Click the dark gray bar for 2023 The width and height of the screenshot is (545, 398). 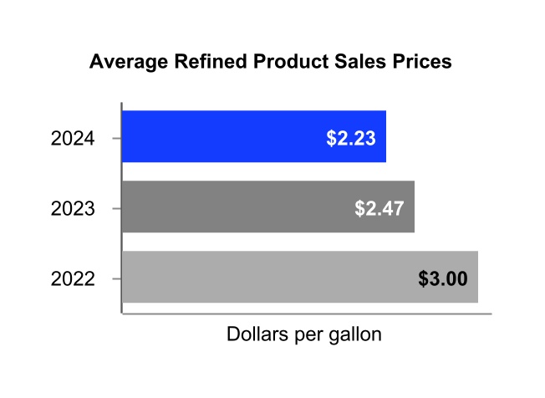point(234,207)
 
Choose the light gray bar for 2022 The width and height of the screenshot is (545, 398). point(267,277)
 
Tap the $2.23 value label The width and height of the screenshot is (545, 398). point(351,137)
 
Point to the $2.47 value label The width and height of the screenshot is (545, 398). point(379,207)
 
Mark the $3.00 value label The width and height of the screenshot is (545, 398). point(442,278)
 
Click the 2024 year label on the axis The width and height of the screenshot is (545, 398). point(73,138)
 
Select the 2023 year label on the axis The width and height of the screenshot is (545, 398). point(73,208)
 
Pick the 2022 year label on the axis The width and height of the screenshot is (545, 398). point(73,278)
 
